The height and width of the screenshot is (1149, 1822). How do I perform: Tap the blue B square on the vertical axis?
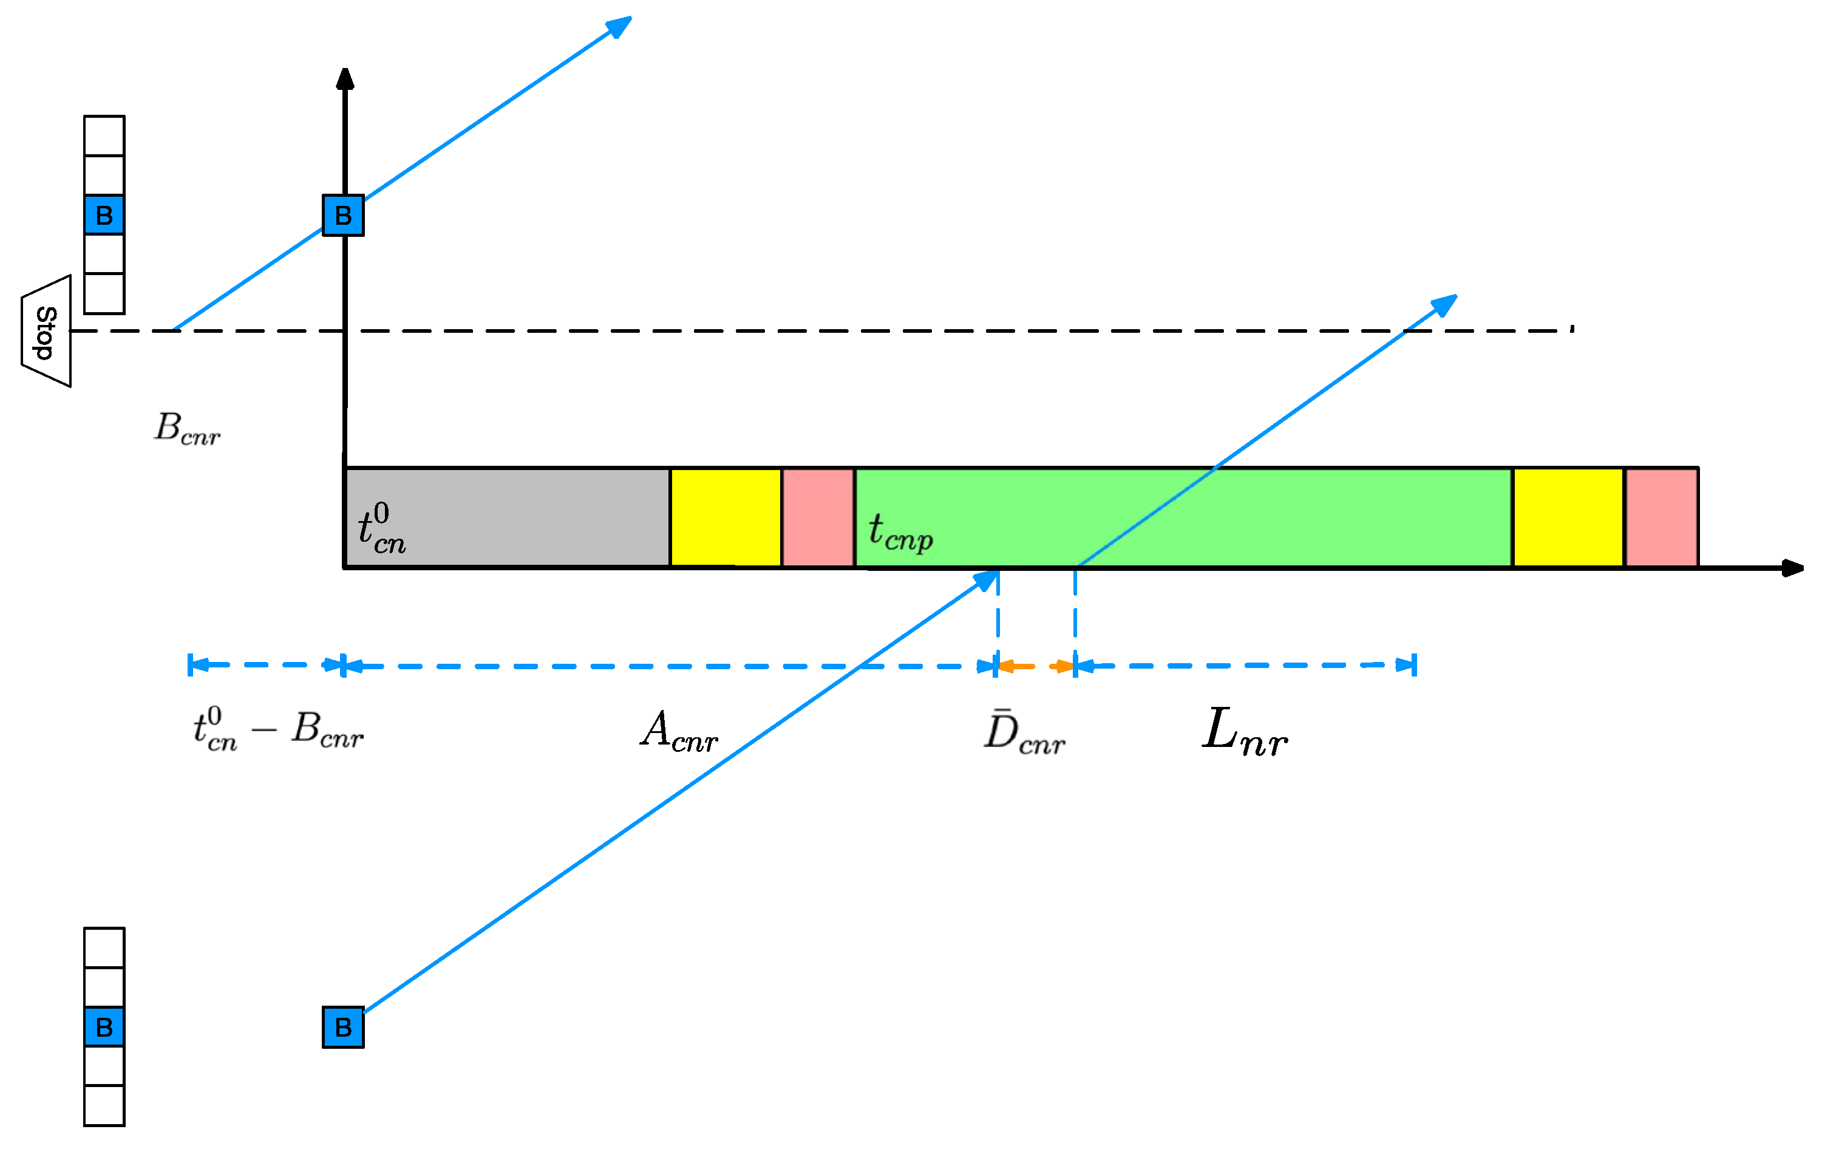click(344, 216)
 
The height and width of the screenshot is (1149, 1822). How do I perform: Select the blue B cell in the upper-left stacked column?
click(104, 216)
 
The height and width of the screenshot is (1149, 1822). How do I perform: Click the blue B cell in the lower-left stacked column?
click(104, 1028)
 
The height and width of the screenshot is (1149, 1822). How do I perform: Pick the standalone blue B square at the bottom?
click(344, 1028)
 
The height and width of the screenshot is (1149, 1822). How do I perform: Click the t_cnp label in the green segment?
click(900, 532)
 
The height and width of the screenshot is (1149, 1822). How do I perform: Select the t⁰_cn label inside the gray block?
click(381, 529)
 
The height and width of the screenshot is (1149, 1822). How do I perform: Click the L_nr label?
click(1245, 731)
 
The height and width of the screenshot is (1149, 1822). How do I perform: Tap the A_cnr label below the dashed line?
click(679, 732)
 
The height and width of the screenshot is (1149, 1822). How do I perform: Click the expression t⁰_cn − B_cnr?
click(277, 731)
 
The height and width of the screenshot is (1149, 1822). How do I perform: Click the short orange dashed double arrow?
click(1036, 667)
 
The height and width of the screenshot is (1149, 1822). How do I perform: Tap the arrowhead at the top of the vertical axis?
click(345, 78)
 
